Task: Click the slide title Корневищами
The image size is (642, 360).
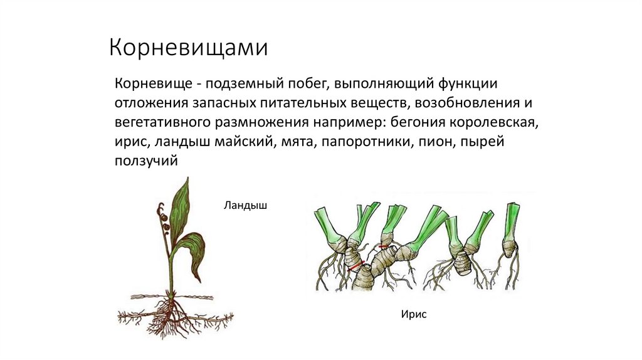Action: (x=189, y=48)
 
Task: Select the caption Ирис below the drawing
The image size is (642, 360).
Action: (x=414, y=314)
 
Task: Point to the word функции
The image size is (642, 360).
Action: (x=469, y=84)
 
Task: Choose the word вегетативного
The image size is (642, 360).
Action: (x=162, y=122)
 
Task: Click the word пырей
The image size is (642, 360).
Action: (x=482, y=142)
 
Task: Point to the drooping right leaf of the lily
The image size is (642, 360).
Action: (x=194, y=254)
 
